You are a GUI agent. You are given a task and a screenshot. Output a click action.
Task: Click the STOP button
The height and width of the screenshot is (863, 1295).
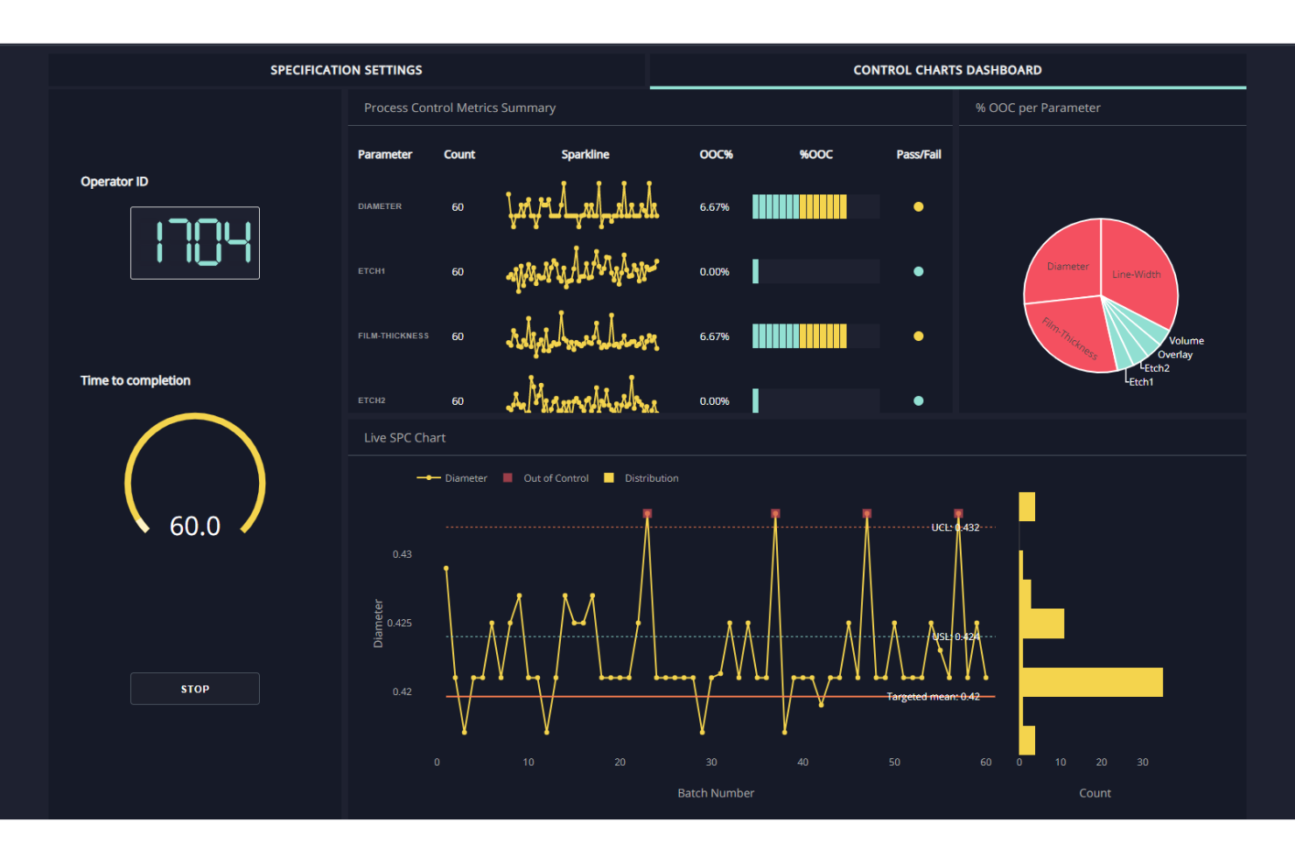tap(194, 689)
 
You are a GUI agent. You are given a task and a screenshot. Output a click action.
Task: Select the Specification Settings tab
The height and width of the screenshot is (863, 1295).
tap(346, 70)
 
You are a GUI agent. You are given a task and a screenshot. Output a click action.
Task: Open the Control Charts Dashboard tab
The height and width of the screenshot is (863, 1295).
tap(947, 70)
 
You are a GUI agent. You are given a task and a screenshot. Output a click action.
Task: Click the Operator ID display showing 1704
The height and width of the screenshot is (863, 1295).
tap(194, 242)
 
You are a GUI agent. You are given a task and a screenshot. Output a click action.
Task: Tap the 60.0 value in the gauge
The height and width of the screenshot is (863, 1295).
tap(194, 525)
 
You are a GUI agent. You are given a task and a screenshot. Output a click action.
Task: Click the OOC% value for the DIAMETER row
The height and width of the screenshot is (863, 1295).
tap(714, 207)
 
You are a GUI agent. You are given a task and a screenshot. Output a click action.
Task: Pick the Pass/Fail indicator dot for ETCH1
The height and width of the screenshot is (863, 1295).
tap(918, 272)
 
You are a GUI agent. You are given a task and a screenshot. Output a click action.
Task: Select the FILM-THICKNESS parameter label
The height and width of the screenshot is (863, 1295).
tap(393, 336)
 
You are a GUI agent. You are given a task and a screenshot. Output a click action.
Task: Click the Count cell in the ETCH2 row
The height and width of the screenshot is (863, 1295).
tap(458, 401)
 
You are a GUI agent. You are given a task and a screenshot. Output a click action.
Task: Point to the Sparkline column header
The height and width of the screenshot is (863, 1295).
tap(584, 155)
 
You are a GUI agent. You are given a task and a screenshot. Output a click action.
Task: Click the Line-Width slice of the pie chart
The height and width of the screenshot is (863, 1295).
tap(1137, 271)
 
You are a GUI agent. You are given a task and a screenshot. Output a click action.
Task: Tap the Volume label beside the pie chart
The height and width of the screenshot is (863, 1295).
tap(1186, 341)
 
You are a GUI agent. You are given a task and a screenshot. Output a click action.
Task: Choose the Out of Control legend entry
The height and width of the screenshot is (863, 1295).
tap(555, 478)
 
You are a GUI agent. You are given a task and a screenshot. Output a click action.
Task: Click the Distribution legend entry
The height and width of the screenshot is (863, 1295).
tap(650, 478)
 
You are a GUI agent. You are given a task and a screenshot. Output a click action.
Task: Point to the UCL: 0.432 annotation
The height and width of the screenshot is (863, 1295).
tap(955, 527)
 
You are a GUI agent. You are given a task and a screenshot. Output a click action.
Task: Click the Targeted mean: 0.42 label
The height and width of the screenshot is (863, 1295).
tap(933, 697)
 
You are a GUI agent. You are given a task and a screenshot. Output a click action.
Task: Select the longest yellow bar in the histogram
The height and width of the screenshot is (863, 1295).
tap(1092, 682)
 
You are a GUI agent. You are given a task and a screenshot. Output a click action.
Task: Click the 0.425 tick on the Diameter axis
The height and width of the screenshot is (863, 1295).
tap(400, 623)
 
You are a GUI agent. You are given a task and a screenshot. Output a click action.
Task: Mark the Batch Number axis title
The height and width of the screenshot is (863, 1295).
tap(715, 793)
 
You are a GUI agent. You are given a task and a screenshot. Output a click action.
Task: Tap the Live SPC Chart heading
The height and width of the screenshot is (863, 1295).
tap(404, 438)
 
